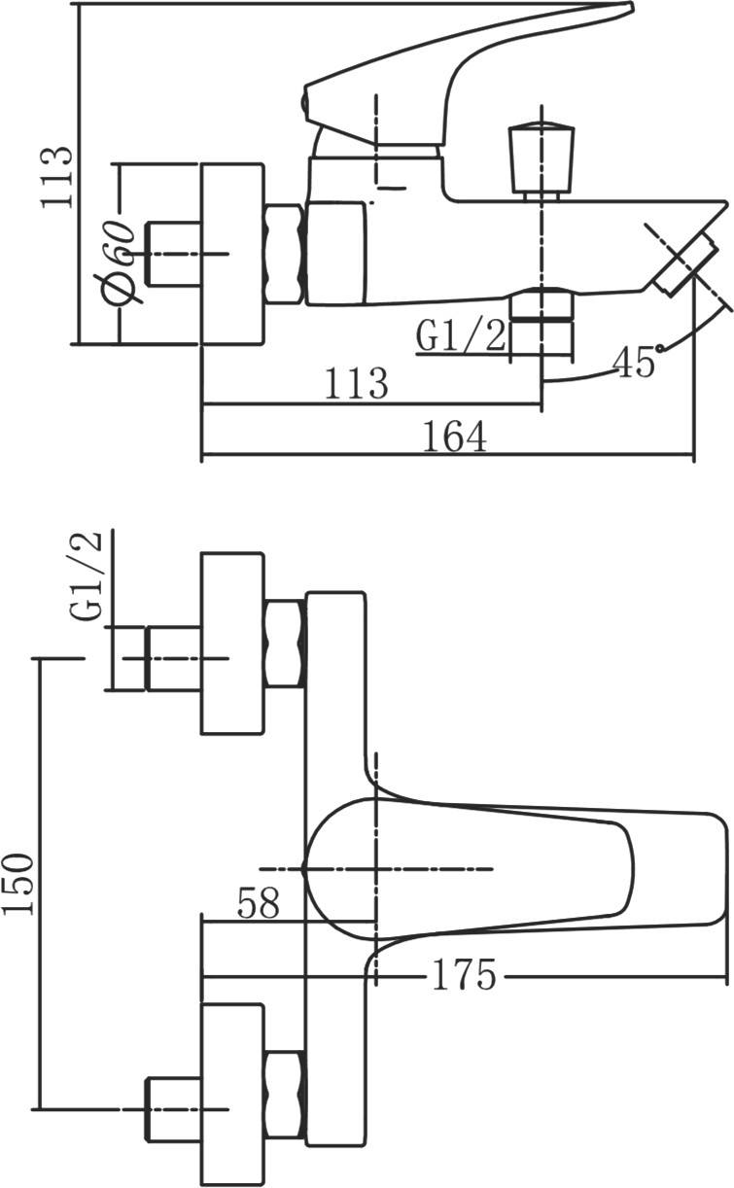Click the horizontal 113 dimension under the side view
click(355, 384)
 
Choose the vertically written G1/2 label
click(88, 577)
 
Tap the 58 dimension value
click(258, 903)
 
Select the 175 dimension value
click(462, 975)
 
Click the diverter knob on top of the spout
click(542, 158)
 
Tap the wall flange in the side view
click(232, 254)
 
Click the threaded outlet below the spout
click(541, 321)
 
